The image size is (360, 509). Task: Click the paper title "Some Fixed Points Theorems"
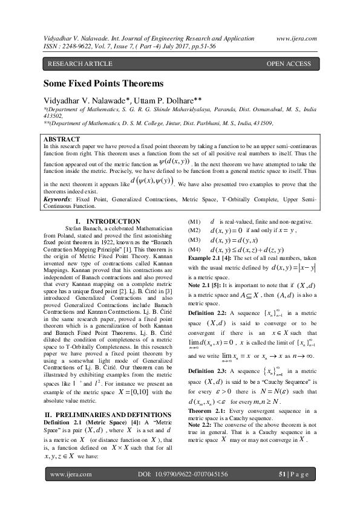(103, 83)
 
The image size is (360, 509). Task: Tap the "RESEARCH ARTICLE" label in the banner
(80, 63)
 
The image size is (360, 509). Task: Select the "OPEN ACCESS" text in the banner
(289, 63)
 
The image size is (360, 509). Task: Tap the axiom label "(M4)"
(194, 250)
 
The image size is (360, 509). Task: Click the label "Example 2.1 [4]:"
(212, 258)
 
